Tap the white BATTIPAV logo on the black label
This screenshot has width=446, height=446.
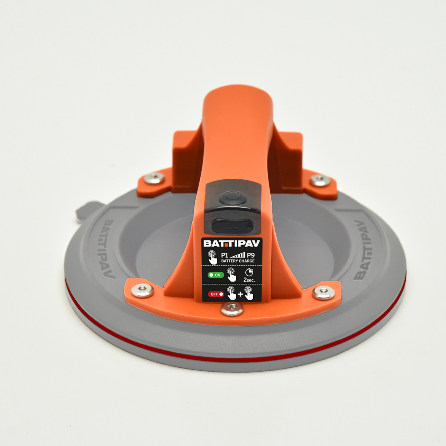[231, 243]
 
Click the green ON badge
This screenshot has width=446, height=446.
[216, 275]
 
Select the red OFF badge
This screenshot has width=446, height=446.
[216, 294]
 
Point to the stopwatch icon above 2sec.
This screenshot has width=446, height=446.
[249, 272]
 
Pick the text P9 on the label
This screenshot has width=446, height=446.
[251, 256]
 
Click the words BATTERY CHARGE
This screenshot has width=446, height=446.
[238, 261]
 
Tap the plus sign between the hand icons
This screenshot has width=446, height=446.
[241, 294]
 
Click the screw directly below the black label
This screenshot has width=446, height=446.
[232, 310]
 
